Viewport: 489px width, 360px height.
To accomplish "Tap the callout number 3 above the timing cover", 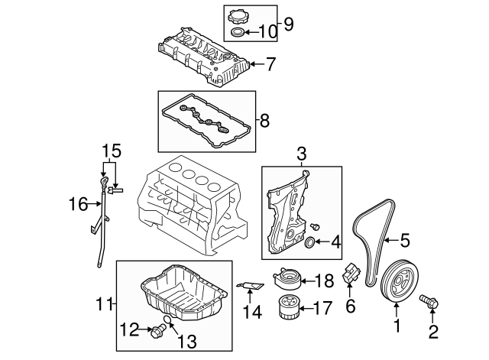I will click(302, 154).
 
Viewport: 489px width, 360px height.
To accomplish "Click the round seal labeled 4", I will click(309, 243).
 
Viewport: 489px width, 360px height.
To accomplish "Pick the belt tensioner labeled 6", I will click(352, 275).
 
